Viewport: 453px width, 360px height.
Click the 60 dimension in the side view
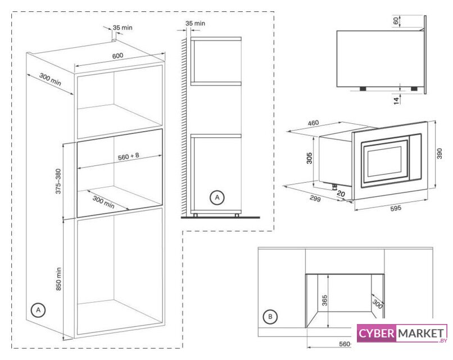pyautogui.click(x=397, y=21)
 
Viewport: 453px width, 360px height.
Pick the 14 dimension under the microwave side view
pyautogui.click(x=397, y=100)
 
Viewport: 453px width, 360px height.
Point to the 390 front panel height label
pyautogui.click(x=441, y=154)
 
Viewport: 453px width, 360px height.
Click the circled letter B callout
pyautogui.click(x=271, y=317)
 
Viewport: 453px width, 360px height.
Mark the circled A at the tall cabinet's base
pyautogui.click(x=38, y=310)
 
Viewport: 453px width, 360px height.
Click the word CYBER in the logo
pyautogui.click(x=377, y=333)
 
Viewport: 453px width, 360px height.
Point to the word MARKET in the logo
pyautogui.click(x=421, y=333)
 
